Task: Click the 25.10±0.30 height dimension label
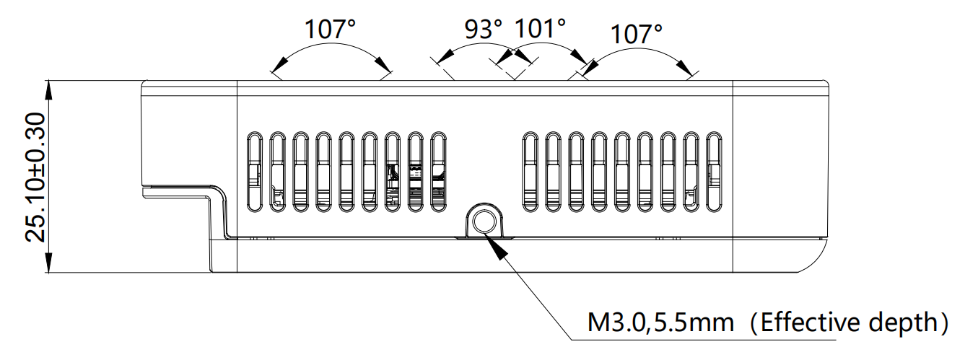tap(36, 177)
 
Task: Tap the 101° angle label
tap(539, 29)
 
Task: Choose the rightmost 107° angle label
tap(636, 33)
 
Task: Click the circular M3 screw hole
tap(482, 218)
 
